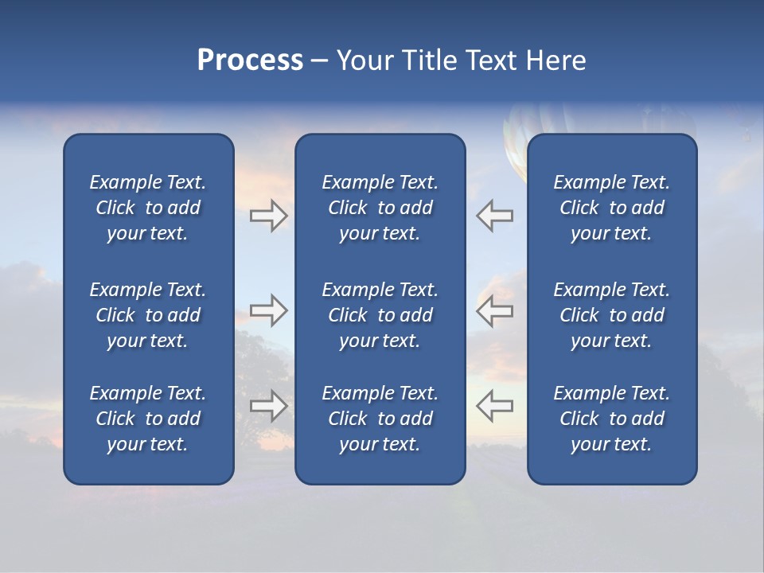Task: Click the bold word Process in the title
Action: tap(250, 60)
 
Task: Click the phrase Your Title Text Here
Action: tap(461, 60)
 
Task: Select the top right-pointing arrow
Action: tap(268, 216)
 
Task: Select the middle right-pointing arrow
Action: tap(268, 310)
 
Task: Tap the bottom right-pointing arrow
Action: tap(268, 406)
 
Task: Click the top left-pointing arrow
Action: tap(495, 216)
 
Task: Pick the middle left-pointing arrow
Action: tap(495, 310)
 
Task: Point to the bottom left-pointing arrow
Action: tap(495, 406)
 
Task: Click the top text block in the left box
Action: tap(148, 208)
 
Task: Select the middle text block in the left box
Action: tap(148, 315)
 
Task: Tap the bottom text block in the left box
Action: tap(148, 419)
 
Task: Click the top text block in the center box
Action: tap(380, 208)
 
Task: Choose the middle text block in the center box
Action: tap(380, 315)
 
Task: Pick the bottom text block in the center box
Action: tap(380, 419)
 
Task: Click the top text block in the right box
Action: tap(611, 208)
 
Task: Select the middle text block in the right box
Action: tap(611, 315)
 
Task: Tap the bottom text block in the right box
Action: tap(611, 419)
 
